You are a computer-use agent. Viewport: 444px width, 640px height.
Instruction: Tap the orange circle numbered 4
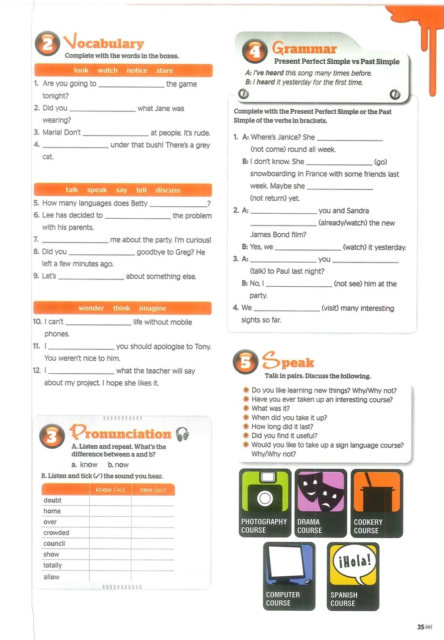pos(254,52)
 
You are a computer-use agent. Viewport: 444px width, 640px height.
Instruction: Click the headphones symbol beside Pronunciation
pos(182,434)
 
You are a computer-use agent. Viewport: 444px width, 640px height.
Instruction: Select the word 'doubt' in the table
pos(52,501)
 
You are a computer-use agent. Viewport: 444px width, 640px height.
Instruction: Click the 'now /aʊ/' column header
pos(152,490)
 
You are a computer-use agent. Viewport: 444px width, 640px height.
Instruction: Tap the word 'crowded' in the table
pos(56,533)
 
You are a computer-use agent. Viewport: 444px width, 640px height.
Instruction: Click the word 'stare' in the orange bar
pos(165,71)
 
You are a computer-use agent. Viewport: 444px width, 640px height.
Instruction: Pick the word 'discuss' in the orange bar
pos(167,190)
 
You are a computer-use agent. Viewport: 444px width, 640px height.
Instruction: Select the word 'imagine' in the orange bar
pos(153,308)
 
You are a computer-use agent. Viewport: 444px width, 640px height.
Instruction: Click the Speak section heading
pos(288,362)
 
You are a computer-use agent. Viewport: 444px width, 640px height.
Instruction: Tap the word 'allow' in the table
pos(52,577)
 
